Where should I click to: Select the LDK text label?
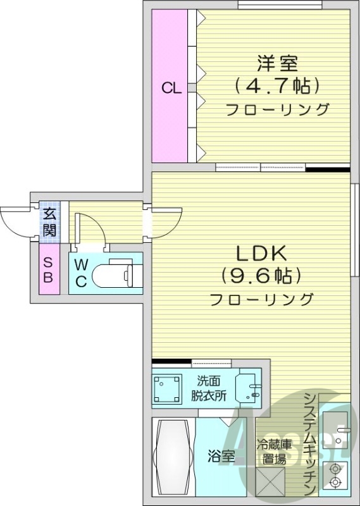pos(262,254)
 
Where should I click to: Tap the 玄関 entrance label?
pos(49,222)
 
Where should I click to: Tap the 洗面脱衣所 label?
pos(209,389)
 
